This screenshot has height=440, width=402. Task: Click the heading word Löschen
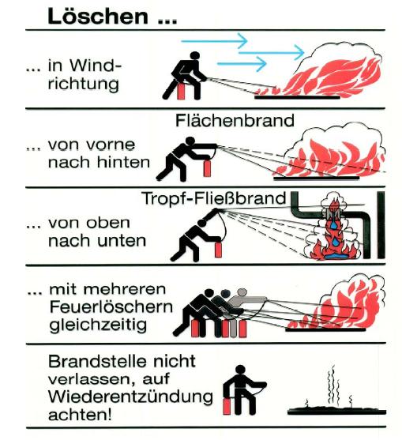click(x=98, y=17)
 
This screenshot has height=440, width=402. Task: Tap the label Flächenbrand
click(x=235, y=121)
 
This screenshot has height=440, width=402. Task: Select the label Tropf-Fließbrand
click(x=214, y=198)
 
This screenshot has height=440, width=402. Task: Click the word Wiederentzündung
click(x=130, y=397)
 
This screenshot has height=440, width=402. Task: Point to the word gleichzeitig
click(x=98, y=325)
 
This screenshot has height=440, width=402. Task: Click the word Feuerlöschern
click(x=111, y=307)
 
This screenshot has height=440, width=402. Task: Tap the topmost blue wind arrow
click(x=214, y=41)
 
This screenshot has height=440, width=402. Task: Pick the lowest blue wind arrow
click(x=242, y=64)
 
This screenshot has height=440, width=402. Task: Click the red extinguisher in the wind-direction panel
click(x=181, y=89)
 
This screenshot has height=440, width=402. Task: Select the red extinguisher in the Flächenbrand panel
click(x=207, y=167)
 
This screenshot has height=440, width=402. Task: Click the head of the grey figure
click(x=242, y=292)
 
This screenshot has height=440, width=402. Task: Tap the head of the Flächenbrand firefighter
click(x=190, y=141)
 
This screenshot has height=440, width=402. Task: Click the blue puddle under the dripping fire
click(x=335, y=257)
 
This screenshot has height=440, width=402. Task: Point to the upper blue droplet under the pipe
click(x=333, y=224)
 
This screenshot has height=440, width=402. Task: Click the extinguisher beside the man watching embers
click(x=227, y=406)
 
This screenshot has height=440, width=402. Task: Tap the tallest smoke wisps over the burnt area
click(x=332, y=385)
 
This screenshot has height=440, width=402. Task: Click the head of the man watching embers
click(x=240, y=370)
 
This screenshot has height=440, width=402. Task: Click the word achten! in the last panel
click(x=80, y=415)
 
